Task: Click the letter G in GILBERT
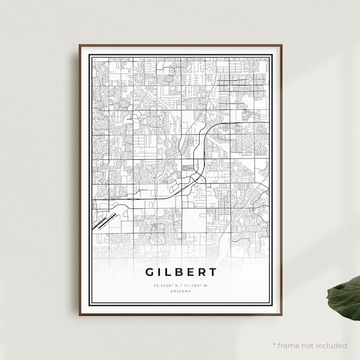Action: coord(150,273)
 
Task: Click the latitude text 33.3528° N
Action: coord(166,285)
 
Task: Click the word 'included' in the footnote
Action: coord(332,345)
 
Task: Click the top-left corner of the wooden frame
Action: coord(80,45)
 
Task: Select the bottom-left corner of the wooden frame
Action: coord(80,315)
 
